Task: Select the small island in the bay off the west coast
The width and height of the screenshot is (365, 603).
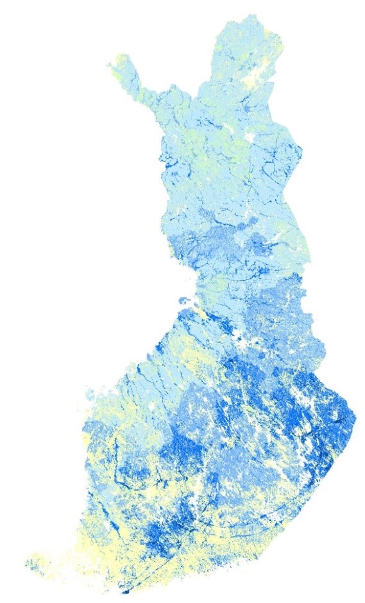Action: (x=182, y=300)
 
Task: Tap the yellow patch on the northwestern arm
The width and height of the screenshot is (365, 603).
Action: (x=118, y=61)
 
